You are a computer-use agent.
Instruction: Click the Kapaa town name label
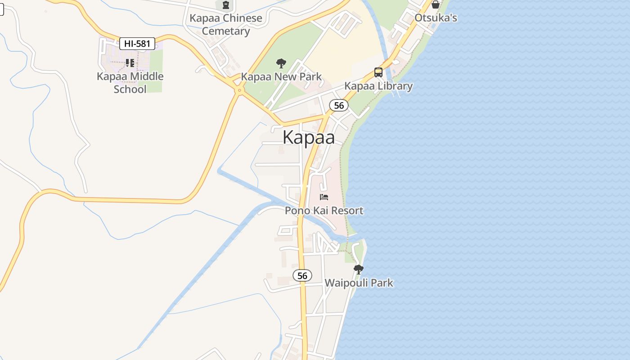point(309,138)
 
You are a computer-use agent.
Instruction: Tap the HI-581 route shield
point(137,44)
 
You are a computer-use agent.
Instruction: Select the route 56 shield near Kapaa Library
point(339,105)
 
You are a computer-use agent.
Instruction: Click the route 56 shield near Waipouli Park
point(302,275)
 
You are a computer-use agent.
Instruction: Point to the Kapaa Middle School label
point(130,82)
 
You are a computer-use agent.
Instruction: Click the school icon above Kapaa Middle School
point(130,63)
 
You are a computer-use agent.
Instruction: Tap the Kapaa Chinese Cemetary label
point(225,24)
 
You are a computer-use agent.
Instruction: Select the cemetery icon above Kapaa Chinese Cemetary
point(225,5)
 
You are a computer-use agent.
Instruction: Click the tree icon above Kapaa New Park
point(281,63)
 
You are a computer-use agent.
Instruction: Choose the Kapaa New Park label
point(281,76)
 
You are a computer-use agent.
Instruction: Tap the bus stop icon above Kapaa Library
point(378,72)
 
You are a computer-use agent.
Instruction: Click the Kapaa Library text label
point(378,86)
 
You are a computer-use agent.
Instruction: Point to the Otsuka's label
point(436,18)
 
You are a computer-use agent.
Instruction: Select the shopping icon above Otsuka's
point(436,4)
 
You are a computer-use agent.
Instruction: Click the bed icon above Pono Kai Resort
point(324,197)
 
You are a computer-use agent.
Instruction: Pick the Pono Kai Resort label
point(324,211)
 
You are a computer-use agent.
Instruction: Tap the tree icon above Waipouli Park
point(359,270)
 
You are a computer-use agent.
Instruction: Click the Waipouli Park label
point(359,283)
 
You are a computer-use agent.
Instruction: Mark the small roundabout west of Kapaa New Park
point(239,90)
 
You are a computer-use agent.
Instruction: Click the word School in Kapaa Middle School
point(130,89)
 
